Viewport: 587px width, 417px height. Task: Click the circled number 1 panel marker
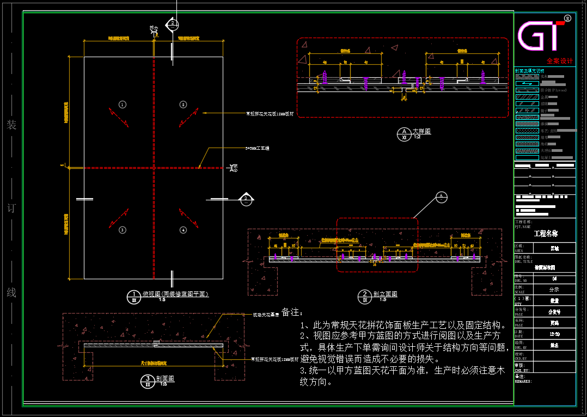point(123,104)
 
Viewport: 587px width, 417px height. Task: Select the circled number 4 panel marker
point(183,230)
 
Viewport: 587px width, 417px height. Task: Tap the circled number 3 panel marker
point(123,230)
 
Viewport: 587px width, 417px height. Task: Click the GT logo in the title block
point(542,36)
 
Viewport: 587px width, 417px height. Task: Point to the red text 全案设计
point(560,61)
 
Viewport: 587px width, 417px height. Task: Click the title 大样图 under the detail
point(421,131)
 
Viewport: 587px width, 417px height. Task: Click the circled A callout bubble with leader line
point(442,196)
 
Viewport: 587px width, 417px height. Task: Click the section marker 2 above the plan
point(172,24)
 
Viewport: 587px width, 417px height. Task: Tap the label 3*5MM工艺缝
point(258,147)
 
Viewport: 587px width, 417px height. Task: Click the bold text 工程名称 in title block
point(546,234)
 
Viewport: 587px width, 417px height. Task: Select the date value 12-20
point(554,333)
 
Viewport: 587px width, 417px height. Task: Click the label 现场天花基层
point(266,314)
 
